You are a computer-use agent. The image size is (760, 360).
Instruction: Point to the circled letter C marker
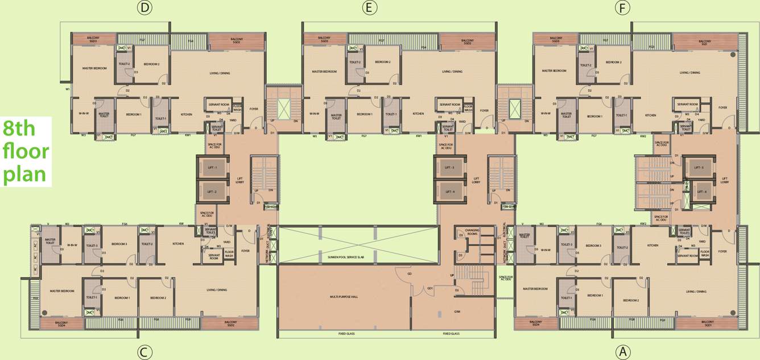pos(145,352)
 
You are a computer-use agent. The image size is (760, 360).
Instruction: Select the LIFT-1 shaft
pos(212,168)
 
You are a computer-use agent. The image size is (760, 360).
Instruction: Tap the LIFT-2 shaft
pos(212,192)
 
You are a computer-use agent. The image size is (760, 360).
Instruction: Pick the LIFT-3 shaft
pos(449,168)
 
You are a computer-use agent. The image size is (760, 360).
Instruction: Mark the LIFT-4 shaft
pos(449,192)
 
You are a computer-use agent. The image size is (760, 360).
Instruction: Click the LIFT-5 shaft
pos(699,168)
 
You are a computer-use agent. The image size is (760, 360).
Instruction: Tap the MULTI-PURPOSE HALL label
pos(344,297)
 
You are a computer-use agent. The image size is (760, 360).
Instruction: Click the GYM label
pos(457,312)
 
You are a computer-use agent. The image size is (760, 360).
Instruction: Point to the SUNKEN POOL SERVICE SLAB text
pos(357,258)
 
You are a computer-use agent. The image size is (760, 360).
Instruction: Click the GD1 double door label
pos(431,288)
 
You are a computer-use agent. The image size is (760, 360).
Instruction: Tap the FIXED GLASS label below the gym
pos(451,334)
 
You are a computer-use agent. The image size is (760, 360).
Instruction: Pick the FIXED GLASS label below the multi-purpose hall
pos(346,334)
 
